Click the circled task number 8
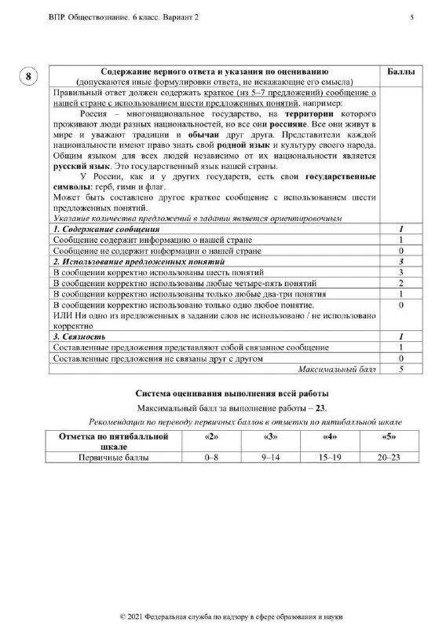(28, 76)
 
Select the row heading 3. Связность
(79, 336)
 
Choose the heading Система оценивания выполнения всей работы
(232, 393)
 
